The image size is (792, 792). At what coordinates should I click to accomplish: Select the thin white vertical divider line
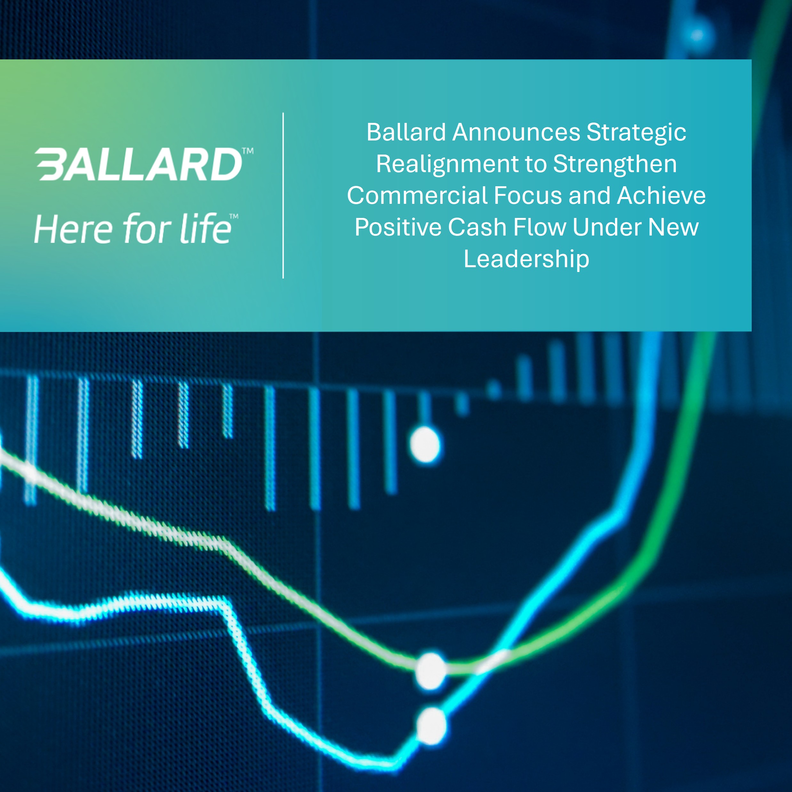(283, 196)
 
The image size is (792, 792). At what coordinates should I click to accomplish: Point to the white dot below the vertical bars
(425, 445)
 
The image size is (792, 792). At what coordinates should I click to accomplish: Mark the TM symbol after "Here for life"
(234, 216)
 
